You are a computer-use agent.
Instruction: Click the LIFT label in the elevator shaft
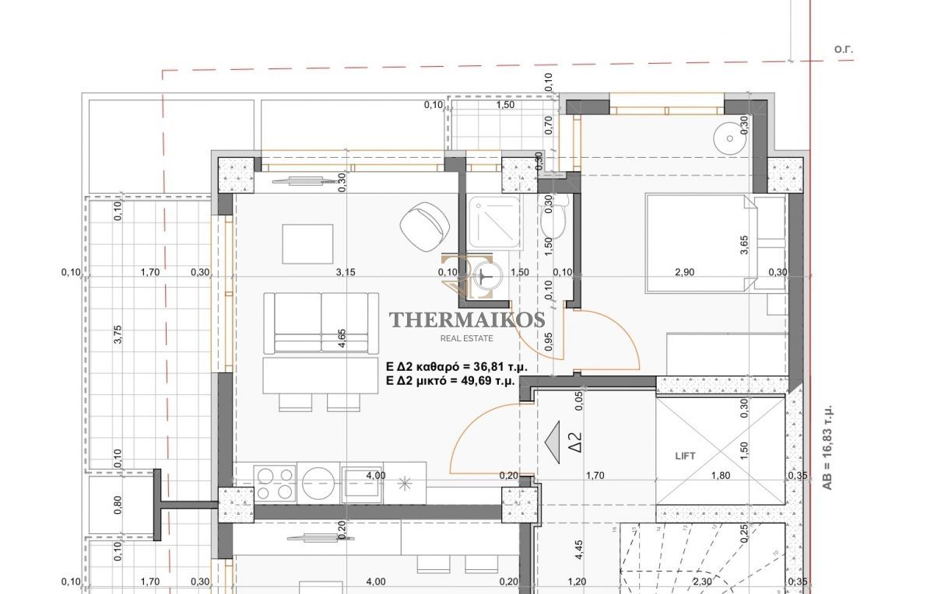(685, 456)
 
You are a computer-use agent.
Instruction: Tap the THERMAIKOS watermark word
(467, 320)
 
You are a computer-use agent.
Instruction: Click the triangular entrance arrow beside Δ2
(553, 442)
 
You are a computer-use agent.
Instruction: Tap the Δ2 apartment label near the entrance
(574, 442)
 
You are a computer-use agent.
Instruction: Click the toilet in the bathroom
(553, 217)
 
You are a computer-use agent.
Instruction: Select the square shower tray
(493, 222)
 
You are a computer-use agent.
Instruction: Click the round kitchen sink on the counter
(318, 483)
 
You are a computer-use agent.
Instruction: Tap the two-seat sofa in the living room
(321, 323)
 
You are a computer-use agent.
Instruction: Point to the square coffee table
(307, 243)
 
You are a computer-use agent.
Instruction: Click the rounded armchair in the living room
(424, 227)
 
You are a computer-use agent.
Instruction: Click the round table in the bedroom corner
(729, 138)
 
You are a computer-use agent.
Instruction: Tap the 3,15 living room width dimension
(346, 272)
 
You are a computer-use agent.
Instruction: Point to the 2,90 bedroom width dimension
(685, 272)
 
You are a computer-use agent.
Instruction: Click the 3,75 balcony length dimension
(118, 334)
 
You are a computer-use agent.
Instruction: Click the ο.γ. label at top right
(844, 49)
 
